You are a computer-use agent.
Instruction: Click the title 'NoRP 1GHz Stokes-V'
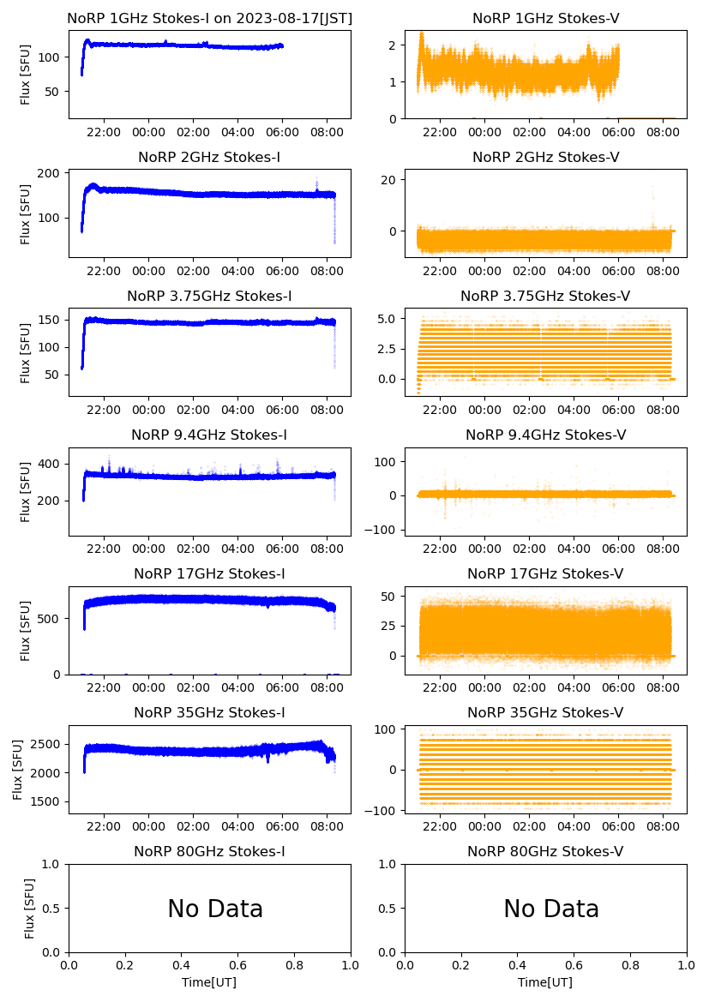point(545,18)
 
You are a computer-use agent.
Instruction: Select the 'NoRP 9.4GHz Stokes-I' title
point(209,435)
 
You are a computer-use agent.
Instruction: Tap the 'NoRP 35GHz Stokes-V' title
point(545,712)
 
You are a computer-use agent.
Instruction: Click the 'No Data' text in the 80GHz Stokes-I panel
point(215,909)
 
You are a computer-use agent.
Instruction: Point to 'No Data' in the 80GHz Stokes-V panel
point(551,909)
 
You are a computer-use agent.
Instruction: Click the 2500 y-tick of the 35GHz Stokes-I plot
point(47,744)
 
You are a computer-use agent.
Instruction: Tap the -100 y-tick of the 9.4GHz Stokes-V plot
point(385,530)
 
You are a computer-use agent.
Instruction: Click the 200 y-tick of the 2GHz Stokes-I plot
point(52,174)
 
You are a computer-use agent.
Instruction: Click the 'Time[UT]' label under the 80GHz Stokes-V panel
point(545,982)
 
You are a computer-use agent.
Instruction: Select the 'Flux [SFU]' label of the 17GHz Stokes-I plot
point(26,631)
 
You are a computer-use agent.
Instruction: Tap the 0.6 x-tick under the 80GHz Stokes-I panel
point(237,966)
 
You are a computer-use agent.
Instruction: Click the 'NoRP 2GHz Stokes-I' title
point(209,157)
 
